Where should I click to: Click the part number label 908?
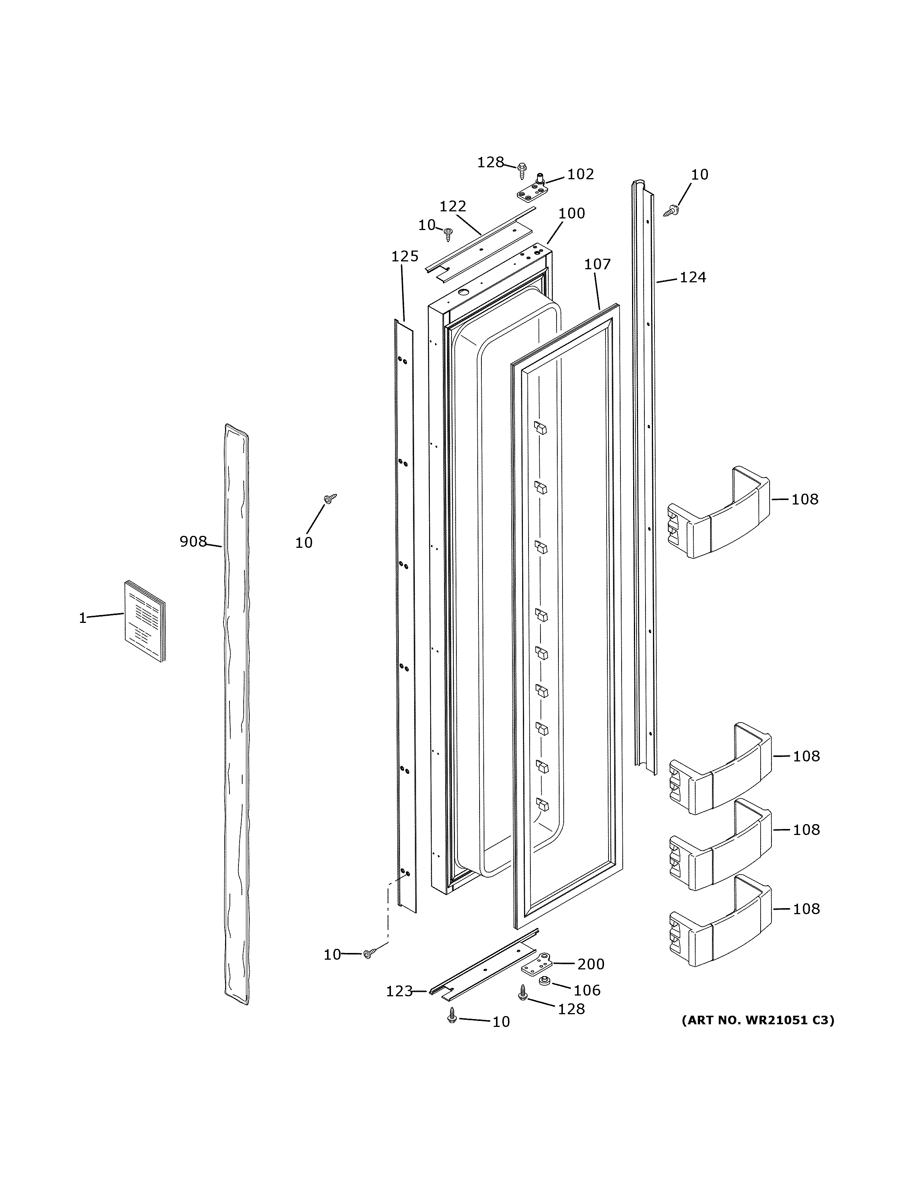click(193, 541)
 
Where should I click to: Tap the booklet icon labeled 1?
click(145, 621)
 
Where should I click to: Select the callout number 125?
click(405, 256)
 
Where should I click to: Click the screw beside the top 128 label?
click(522, 169)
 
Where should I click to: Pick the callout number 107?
click(597, 264)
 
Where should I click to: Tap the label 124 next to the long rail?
click(693, 277)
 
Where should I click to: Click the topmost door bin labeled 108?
click(718, 512)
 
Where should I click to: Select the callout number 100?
click(572, 214)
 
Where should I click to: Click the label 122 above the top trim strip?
click(453, 207)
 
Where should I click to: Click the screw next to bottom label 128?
click(523, 992)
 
